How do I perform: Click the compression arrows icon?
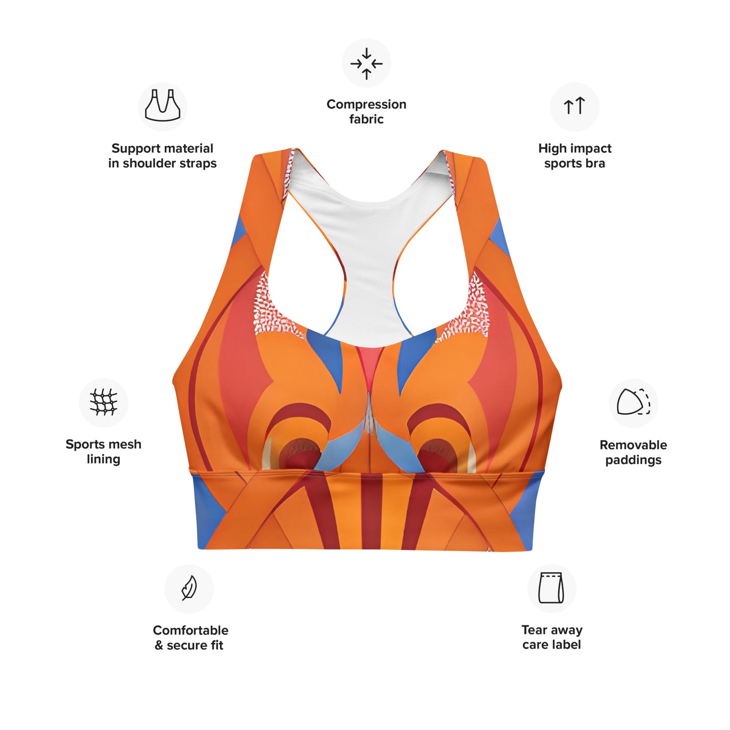pyautogui.click(x=366, y=64)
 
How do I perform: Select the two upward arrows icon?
pyautogui.click(x=574, y=106)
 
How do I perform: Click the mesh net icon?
pyautogui.click(x=104, y=402)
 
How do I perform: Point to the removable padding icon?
pyautogui.click(x=633, y=402)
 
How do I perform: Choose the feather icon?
pyautogui.click(x=188, y=588)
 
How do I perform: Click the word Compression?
pyautogui.click(x=366, y=104)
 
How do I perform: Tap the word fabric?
pyautogui.click(x=366, y=119)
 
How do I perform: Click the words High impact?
pyautogui.click(x=575, y=148)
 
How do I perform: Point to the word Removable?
pyautogui.click(x=633, y=445)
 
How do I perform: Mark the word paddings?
pyautogui.click(x=633, y=460)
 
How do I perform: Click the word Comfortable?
pyautogui.click(x=190, y=630)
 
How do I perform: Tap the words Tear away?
pyautogui.click(x=552, y=630)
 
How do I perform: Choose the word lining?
pyautogui.click(x=104, y=459)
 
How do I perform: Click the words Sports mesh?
pyautogui.click(x=104, y=444)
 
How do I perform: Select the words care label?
pyautogui.click(x=552, y=645)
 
